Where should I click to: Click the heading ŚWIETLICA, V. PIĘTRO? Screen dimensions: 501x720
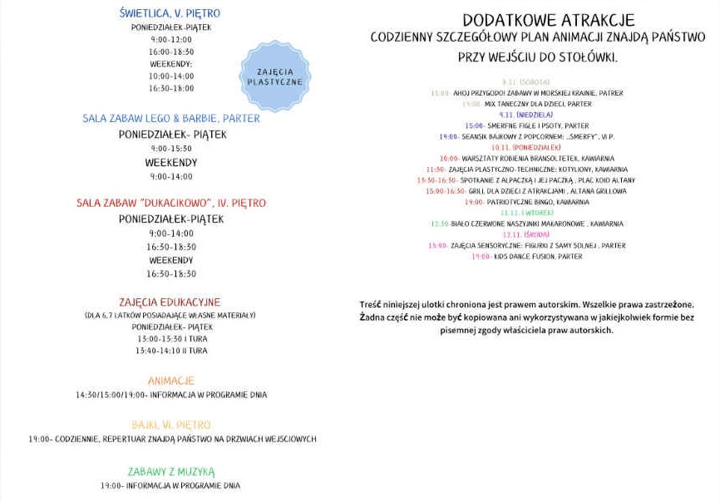pos(170,13)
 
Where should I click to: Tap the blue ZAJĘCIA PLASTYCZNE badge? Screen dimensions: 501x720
pos(274,77)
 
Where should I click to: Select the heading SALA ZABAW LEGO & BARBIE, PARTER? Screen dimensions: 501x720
pos(170,118)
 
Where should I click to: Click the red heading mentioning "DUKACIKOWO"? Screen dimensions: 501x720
pos(170,203)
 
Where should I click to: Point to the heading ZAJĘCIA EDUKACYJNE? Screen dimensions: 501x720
pos(170,302)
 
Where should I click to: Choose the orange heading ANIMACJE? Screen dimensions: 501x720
pos(170,381)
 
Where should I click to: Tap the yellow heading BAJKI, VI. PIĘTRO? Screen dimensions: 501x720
pos(170,425)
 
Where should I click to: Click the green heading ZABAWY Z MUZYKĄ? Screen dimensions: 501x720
pos(170,471)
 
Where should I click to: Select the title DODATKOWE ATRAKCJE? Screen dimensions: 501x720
pos(536,19)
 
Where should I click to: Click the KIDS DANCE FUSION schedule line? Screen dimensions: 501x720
pos(526,257)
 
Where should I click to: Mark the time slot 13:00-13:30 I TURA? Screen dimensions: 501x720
pos(170,339)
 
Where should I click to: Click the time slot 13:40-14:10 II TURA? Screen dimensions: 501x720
pos(170,351)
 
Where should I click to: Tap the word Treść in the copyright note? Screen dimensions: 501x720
pos(372,305)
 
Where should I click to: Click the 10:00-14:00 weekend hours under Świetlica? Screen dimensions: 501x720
pos(170,76)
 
